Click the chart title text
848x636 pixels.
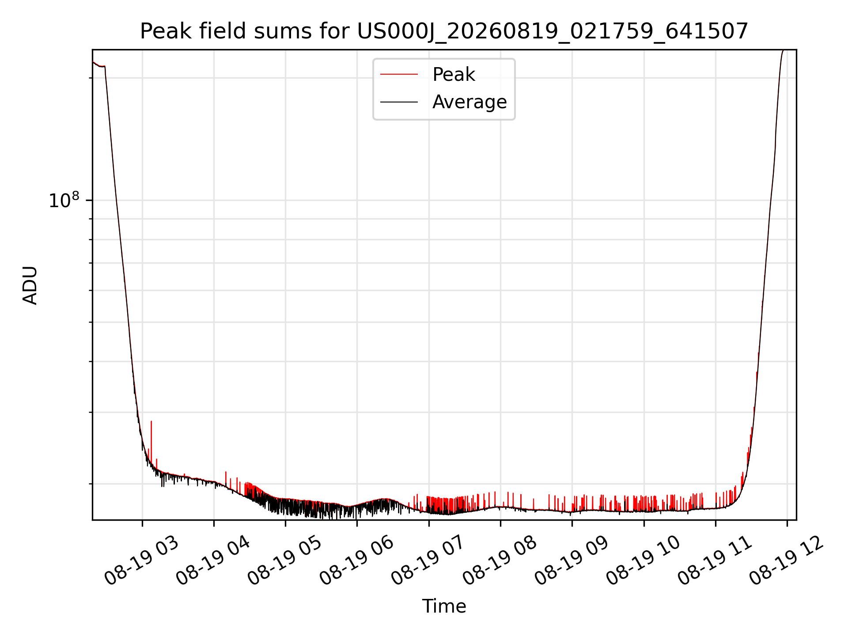pyautogui.click(x=444, y=31)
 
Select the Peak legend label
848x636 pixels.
pyautogui.click(x=454, y=75)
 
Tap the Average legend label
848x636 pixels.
pyautogui.click(x=469, y=102)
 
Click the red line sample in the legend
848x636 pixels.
pyautogui.click(x=399, y=75)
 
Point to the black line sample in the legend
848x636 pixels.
pyautogui.click(x=399, y=102)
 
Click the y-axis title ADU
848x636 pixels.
pyautogui.click(x=30, y=285)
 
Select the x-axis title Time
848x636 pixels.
pyautogui.click(x=444, y=606)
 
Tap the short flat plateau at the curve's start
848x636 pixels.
pyautogui.click(x=102, y=66)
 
